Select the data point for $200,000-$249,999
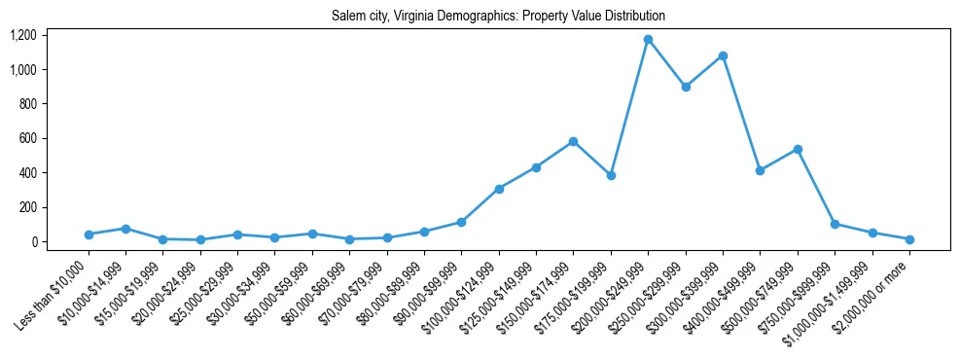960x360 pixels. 648,39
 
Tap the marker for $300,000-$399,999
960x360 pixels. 723,55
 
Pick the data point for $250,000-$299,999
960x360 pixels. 686,87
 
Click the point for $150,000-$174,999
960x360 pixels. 574,141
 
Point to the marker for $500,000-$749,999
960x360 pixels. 798,149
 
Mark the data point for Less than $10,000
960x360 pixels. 89,234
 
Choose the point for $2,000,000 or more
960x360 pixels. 909,239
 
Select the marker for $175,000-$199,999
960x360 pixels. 611,175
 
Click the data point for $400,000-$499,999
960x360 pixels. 760,170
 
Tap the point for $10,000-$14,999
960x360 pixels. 125,229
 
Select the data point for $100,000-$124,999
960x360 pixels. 499,189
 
